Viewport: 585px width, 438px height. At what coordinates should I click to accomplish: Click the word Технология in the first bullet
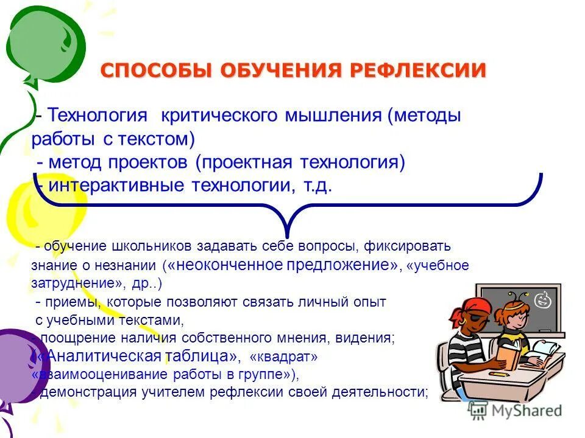(98, 116)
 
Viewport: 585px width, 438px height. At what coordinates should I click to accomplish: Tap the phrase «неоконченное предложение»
(282, 265)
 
